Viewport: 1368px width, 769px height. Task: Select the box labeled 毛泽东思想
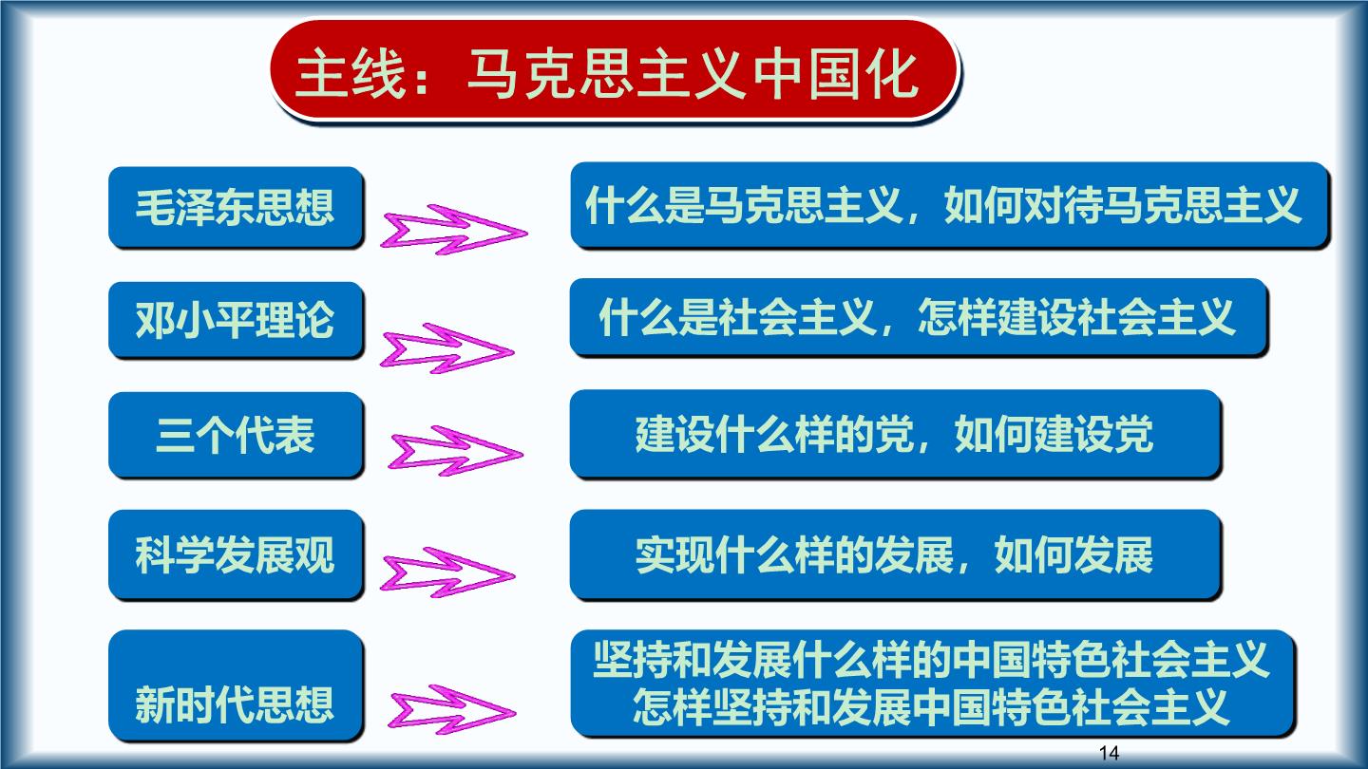pos(236,207)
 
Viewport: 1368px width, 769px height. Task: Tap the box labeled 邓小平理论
pos(236,319)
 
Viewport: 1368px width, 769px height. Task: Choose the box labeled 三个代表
pos(236,435)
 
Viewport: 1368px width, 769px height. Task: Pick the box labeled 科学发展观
pos(236,554)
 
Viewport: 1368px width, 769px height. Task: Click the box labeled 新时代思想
pos(236,685)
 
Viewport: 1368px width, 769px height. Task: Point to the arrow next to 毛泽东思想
pos(454,230)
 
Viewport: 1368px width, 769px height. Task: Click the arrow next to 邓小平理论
pos(447,348)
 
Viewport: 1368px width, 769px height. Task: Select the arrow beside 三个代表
pos(456,451)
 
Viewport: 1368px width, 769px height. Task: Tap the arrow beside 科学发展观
pos(447,572)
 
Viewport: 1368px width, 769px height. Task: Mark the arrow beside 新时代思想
pos(452,710)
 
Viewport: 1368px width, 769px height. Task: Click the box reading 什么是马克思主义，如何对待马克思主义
pos(950,205)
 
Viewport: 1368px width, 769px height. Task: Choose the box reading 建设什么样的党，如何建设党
pos(895,433)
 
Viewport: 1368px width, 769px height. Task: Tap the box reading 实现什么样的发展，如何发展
pos(895,554)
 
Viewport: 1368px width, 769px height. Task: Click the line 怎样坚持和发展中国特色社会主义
pos(931,706)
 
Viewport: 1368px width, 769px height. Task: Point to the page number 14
pos(1109,753)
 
